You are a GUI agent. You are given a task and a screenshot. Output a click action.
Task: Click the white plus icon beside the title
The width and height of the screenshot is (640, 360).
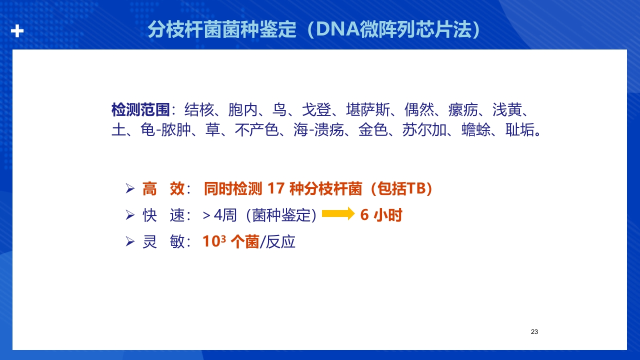point(17,31)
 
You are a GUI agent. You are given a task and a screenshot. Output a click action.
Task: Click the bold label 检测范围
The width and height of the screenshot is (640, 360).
point(140,109)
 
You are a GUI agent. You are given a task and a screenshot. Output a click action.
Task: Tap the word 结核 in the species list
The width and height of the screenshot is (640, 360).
point(199,109)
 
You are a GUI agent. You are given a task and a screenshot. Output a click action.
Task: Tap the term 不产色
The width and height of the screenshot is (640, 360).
point(256,131)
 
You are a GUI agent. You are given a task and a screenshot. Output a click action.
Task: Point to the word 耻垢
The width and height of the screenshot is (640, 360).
point(519,131)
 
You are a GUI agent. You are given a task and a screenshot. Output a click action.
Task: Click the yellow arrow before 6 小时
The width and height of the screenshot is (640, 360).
point(338,214)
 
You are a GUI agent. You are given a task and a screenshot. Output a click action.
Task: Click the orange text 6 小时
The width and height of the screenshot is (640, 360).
point(381,215)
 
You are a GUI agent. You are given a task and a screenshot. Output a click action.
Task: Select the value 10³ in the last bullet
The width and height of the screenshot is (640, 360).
point(214,241)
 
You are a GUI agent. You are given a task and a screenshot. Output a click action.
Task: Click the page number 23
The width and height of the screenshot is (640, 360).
point(534,332)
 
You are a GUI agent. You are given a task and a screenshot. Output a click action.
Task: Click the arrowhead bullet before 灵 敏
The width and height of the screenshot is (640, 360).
point(130,242)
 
